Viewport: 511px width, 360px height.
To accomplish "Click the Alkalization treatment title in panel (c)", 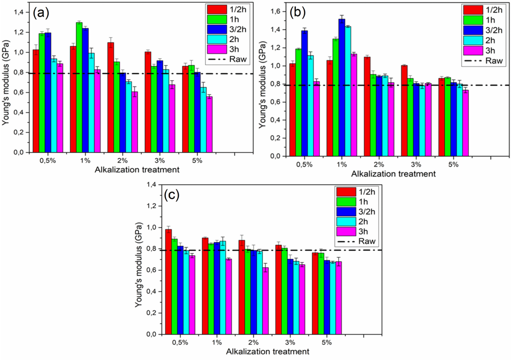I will point(267,352).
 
